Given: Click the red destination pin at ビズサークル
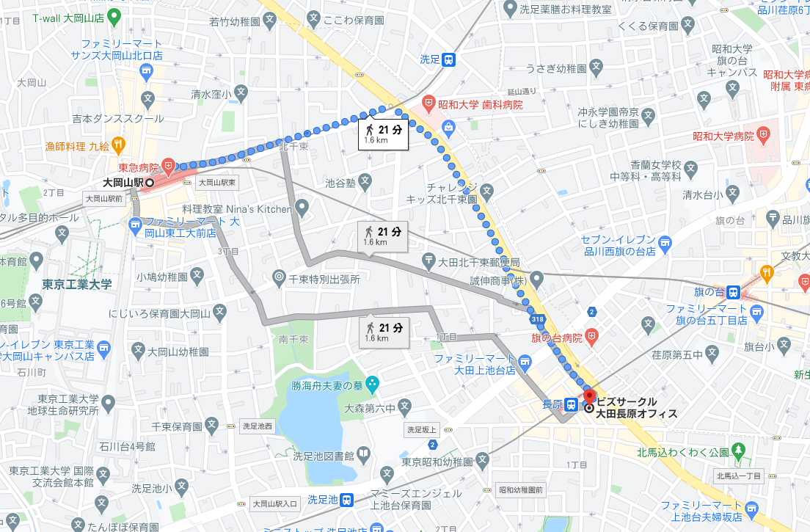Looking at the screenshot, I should click(x=589, y=396).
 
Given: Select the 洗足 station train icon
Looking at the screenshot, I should click(x=449, y=60).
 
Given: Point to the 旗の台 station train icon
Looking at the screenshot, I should click(x=733, y=292).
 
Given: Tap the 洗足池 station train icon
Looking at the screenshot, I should click(x=347, y=500).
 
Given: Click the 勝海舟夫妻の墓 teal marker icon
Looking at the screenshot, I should click(x=373, y=383).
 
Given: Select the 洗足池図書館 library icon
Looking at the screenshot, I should click(x=363, y=455).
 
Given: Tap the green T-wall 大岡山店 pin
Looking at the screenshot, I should click(x=114, y=15).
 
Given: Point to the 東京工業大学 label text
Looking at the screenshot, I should click(x=76, y=285).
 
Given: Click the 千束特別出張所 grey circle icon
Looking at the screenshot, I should click(x=279, y=278).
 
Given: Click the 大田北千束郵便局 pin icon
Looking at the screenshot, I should click(x=429, y=260).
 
